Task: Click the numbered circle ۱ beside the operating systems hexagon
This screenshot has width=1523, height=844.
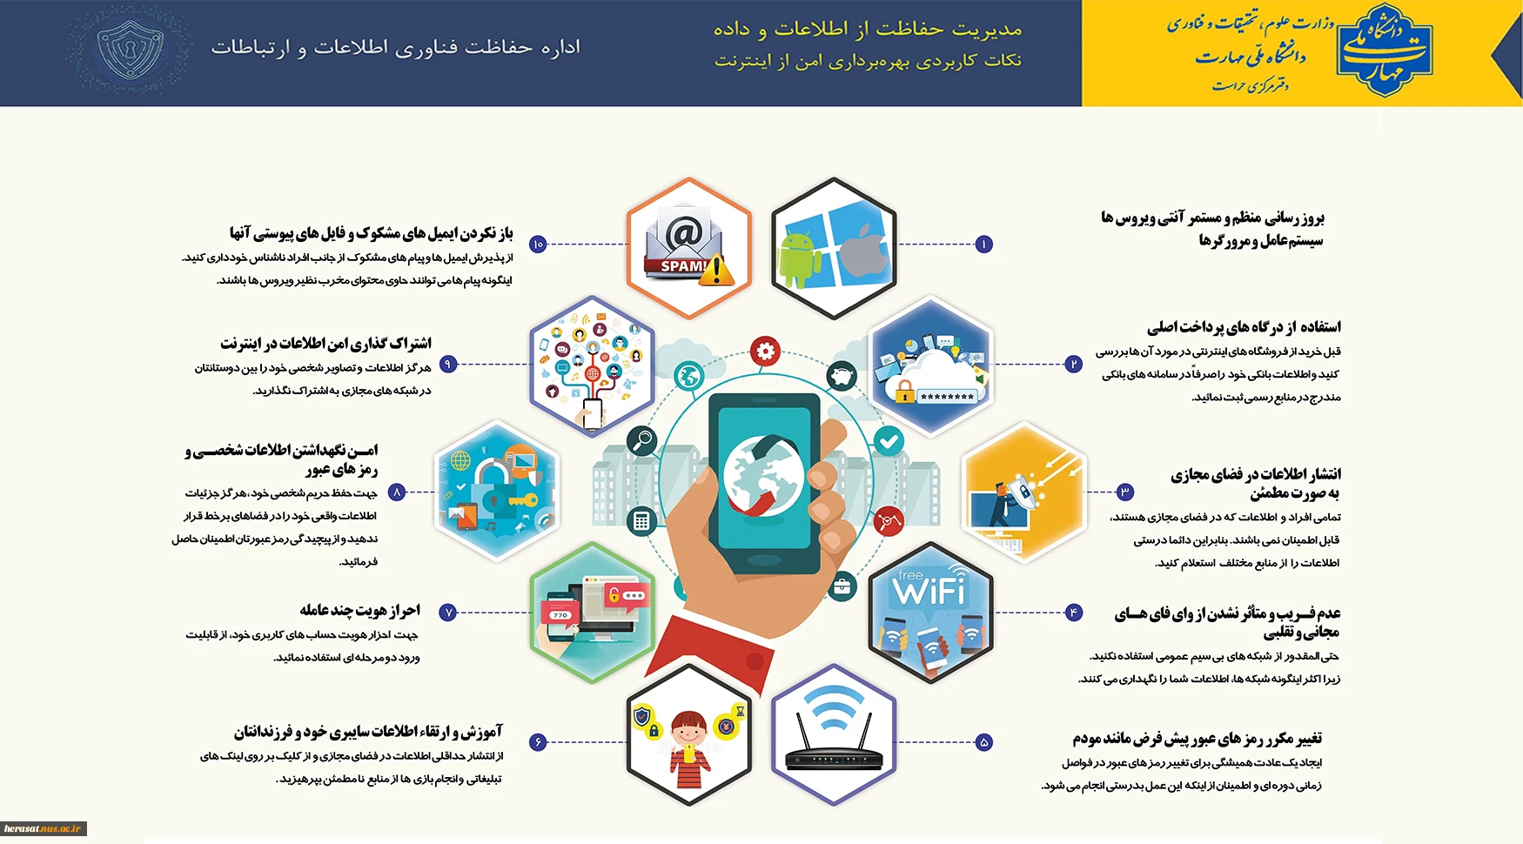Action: pos(983,244)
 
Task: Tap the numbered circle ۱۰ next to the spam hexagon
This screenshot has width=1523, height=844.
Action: pos(538,244)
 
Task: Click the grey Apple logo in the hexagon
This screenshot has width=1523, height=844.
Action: pos(863,253)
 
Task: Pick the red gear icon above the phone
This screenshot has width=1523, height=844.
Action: pos(765,352)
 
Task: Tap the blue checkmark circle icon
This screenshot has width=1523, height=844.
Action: pos(889,442)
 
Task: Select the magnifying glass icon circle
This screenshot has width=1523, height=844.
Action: pos(642,440)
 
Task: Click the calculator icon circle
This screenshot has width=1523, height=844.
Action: pos(641,521)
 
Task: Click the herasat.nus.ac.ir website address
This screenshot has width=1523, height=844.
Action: pos(43,829)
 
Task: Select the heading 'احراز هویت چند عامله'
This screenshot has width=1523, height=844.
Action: pos(359,610)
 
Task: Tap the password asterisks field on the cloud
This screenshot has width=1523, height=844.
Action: pos(947,397)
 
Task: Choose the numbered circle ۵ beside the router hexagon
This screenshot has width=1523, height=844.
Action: pos(983,742)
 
